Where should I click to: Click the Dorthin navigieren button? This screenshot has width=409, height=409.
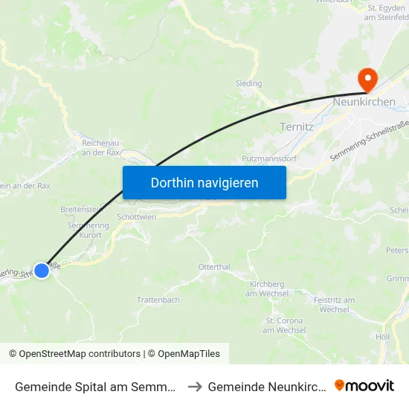(x=204, y=182)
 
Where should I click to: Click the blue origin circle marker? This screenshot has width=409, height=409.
(x=42, y=271)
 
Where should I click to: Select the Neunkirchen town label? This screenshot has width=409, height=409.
(x=364, y=102)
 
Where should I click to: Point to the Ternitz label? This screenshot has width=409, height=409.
(x=297, y=126)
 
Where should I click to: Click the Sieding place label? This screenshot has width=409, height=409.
(x=248, y=84)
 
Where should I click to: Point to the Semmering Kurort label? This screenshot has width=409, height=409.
(x=88, y=231)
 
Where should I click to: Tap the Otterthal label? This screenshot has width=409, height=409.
(x=214, y=266)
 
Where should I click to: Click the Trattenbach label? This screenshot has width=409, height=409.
(x=158, y=300)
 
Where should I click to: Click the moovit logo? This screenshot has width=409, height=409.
(x=364, y=386)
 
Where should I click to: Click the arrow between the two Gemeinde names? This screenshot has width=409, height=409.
(x=195, y=387)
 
